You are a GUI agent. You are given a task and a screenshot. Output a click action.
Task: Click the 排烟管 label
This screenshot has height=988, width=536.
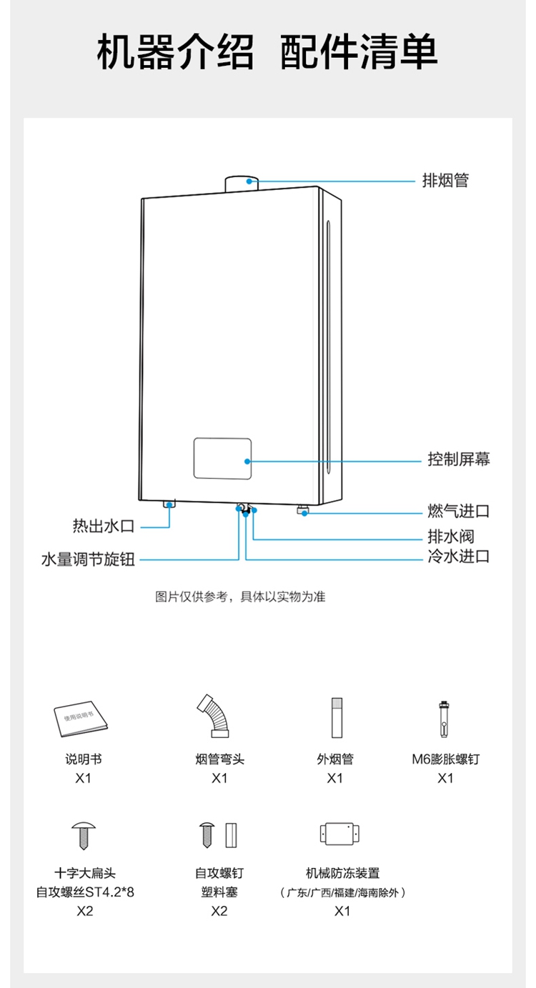445,181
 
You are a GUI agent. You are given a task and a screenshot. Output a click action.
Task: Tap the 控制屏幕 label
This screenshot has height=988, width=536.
458,459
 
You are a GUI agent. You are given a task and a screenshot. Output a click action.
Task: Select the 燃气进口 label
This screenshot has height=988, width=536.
458,511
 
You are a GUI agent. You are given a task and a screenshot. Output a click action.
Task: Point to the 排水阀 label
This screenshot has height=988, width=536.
451,537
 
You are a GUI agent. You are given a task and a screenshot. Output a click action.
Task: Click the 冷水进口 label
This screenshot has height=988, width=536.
458,557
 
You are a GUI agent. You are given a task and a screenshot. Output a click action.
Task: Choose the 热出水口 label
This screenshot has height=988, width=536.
103,526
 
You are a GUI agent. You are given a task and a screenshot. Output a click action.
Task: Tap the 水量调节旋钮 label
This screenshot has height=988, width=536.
88,559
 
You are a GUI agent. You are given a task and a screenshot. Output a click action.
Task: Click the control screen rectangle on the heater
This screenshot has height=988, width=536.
222,458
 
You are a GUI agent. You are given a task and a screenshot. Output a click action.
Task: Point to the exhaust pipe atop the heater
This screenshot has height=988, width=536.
242,183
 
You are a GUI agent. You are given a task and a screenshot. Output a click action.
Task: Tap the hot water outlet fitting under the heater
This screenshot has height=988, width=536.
169,504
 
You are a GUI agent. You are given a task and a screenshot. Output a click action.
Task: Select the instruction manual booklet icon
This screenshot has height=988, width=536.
81,719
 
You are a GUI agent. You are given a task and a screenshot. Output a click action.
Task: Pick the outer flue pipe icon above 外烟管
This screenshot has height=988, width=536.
337,718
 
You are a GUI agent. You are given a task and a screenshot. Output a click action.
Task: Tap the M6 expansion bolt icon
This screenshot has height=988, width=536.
444,719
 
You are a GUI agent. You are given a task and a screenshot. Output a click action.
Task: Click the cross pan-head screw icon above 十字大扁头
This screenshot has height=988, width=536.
84,835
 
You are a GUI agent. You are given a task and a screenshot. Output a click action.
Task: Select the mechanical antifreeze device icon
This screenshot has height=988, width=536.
339,834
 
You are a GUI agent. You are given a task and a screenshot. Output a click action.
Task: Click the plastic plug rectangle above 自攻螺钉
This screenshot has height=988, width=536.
231,834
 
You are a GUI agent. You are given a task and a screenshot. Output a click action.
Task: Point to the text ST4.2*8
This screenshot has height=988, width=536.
109,892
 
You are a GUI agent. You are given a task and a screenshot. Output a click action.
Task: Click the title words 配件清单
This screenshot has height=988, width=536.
359,51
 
